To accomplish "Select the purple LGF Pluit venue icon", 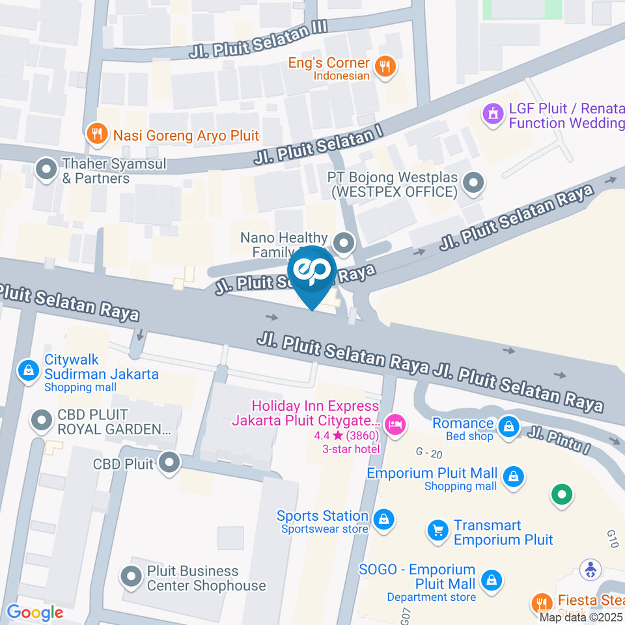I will pyautogui.click(x=493, y=115).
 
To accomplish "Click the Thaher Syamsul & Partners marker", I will pyautogui.click(x=46, y=171).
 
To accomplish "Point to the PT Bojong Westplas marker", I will pyautogui.click(x=475, y=184).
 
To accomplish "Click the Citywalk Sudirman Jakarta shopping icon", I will pyautogui.click(x=28, y=370).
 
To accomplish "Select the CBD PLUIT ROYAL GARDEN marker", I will pyautogui.click(x=42, y=421).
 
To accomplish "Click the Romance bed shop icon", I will pyautogui.click(x=508, y=427).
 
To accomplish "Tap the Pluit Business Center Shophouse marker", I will pyautogui.click(x=132, y=576).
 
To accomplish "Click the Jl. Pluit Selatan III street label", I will pyautogui.click(x=257, y=40).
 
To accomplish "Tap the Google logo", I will pyautogui.click(x=35, y=612).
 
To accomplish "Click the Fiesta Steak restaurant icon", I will pyautogui.click(x=540, y=602).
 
